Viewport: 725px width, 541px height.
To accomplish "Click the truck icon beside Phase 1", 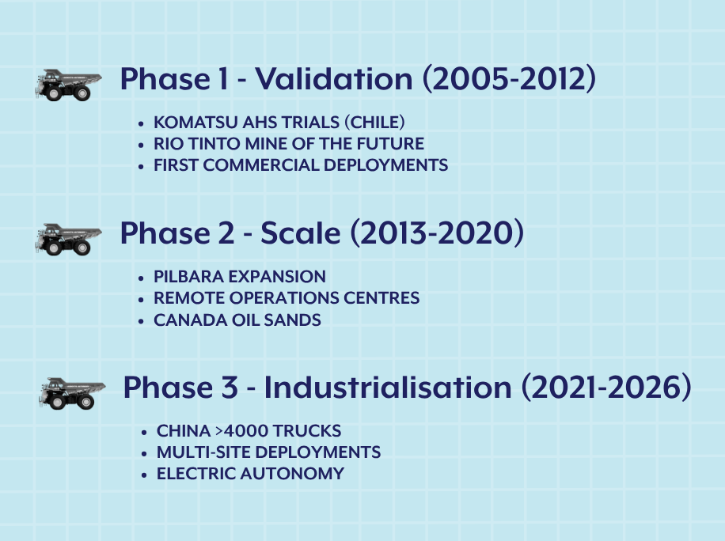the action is pos(68,85).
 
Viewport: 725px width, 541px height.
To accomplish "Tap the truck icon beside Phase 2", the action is pos(68,240).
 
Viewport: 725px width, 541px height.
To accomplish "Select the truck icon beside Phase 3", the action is pos(72,394).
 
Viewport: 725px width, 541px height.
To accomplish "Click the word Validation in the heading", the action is pos(334,78).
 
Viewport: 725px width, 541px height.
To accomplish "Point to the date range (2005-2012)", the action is pos(509,78).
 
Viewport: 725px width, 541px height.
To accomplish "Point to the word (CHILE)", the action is pos(374,123).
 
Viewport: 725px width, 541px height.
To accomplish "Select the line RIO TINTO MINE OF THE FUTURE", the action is pos(289,144).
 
